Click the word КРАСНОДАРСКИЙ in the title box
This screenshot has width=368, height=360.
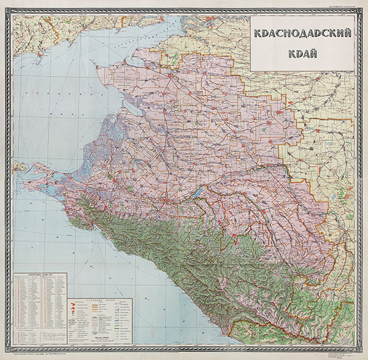coord(302,34)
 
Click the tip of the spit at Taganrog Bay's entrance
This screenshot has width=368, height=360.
coord(92,59)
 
